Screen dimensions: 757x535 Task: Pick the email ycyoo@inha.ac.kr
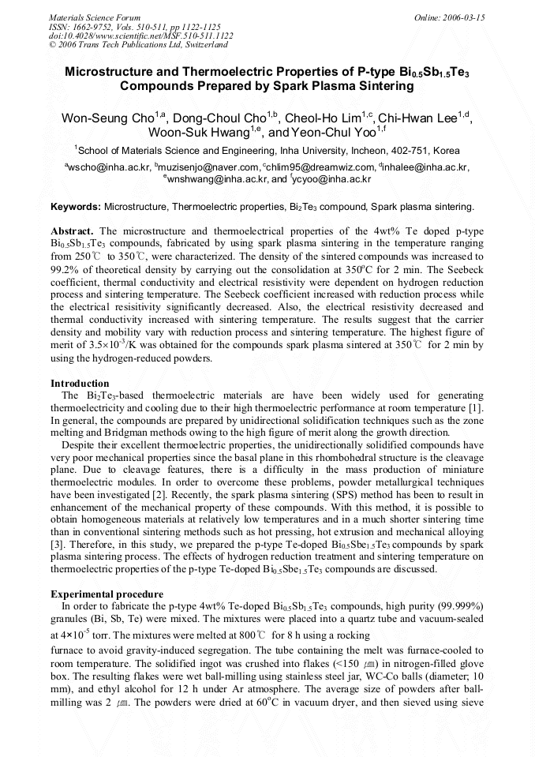(x=332, y=179)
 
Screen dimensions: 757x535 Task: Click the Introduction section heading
(x=80, y=383)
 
